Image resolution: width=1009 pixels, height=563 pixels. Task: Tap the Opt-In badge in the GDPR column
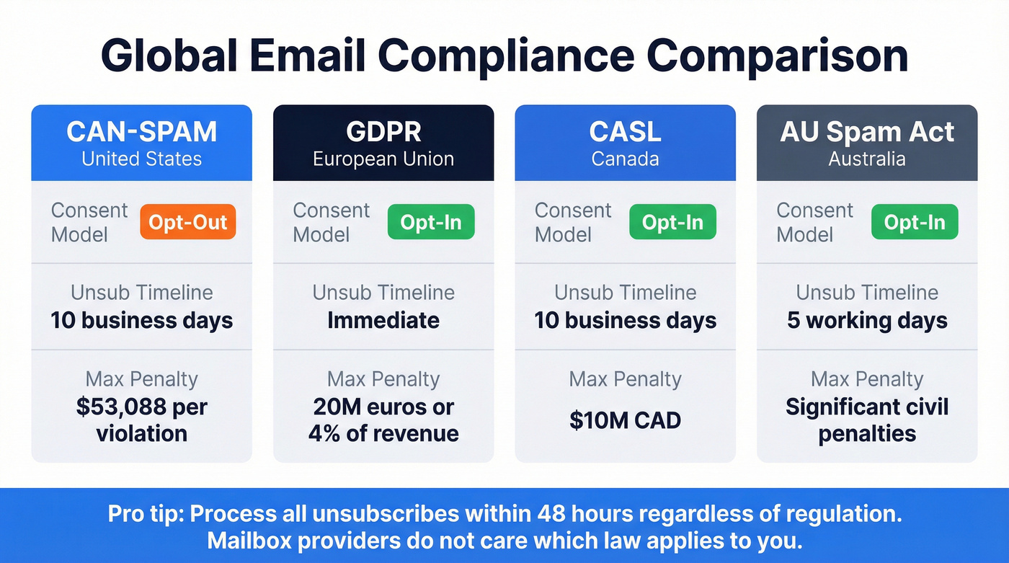tap(431, 222)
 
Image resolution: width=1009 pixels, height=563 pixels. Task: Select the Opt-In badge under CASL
tap(672, 222)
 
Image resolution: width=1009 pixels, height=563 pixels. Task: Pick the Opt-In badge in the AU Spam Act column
tap(915, 222)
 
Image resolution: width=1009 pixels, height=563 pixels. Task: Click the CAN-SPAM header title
tap(141, 132)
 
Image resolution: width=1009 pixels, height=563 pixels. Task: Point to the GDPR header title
tap(383, 132)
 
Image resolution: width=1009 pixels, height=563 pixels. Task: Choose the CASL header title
tap(625, 132)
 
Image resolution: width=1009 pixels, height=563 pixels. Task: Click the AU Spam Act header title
tap(867, 132)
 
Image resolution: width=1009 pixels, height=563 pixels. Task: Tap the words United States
tap(141, 159)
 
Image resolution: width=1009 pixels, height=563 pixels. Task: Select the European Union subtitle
tap(383, 159)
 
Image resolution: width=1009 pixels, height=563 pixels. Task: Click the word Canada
tap(625, 159)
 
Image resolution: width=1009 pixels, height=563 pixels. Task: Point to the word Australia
tap(867, 159)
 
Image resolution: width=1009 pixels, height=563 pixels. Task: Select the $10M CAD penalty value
tap(625, 420)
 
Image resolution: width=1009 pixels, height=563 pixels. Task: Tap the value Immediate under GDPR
tap(383, 320)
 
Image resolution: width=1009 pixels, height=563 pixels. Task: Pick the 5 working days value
tap(867, 320)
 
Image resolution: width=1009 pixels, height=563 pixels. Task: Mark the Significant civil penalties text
tap(867, 420)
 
